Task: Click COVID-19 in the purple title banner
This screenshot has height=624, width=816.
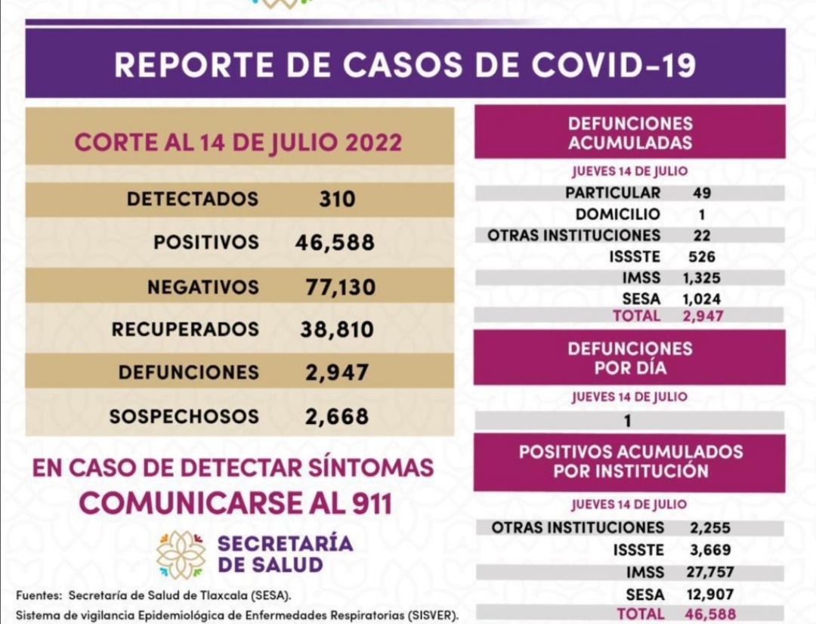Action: (x=613, y=65)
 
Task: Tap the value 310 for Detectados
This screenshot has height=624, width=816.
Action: (x=336, y=199)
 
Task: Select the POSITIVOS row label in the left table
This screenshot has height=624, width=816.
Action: (x=206, y=242)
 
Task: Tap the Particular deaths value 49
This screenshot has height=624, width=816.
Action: (x=701, y=193)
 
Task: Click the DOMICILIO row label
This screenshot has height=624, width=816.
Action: (x=617, y=214)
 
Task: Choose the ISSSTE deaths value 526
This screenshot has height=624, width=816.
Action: (x=701, y=257)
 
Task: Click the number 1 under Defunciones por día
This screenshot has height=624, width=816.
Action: (x=628, y=422)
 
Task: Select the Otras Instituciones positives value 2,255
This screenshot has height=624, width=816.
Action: (x=709, y=528)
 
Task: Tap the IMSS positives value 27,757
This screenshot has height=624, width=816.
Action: (x=711, y=573)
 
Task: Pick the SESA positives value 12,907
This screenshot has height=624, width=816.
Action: (x=711, y=595)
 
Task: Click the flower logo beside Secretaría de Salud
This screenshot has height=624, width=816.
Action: (x=181, y=554)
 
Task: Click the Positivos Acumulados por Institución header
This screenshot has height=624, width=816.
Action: (x=630, y=462)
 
